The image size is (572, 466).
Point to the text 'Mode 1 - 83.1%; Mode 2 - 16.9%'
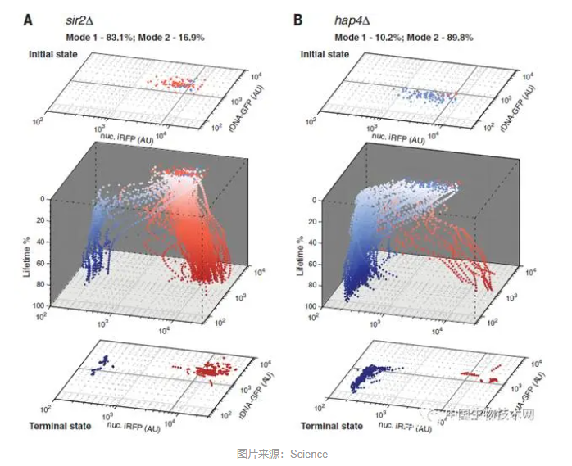tap(134, 37)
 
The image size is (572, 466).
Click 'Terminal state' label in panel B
tap(330, 426)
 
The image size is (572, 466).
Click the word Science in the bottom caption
tap(309, 454)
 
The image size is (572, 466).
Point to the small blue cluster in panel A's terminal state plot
tap(101, 365)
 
